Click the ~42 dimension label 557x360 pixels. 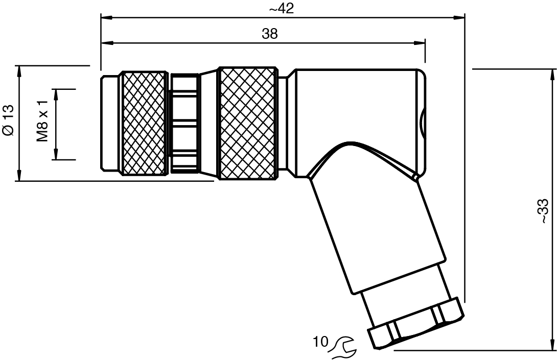point(282,9)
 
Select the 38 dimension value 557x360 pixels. point(270,34)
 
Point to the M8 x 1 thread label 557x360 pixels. point(42,121)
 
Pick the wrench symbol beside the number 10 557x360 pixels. point(344,347)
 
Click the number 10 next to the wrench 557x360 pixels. point(320,342)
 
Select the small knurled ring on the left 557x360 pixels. point(144,123)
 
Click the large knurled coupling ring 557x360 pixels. point(247,123)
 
